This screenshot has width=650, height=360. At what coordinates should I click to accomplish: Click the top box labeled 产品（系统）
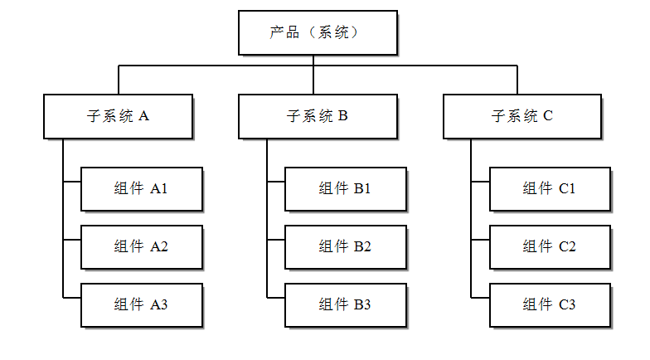(x=318, y=32)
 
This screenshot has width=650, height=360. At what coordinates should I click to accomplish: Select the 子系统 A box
(x=118, y=116)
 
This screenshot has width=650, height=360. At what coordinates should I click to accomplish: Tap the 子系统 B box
(x=317, y=116)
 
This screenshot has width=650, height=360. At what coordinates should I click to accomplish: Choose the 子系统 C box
(x=521, y=116)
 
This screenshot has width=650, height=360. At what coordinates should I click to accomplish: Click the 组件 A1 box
(x=141, y=189)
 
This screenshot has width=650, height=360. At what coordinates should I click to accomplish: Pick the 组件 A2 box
(x=141, y=246)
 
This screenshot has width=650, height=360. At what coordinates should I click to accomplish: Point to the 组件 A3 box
(x=141, y=304)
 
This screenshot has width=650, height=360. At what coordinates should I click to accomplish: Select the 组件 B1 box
(x=345, y=189)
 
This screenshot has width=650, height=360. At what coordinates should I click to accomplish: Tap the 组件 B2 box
(x=345, y=246)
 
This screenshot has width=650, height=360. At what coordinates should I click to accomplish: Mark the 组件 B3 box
(x=345, y=304)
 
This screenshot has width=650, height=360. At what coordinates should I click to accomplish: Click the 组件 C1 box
(x=549, y=189)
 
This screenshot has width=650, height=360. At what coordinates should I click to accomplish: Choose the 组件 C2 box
(x=549, y=246)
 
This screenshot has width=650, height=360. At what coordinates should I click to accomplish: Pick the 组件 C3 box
(x=549, y=304)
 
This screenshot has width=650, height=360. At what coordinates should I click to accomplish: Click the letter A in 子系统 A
(x=144, y=116)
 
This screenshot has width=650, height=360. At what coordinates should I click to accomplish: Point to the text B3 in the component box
(x=362, y=304)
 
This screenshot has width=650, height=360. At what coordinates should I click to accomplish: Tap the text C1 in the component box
(x=567, y=189)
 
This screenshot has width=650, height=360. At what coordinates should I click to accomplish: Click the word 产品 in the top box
(x=284, y=32)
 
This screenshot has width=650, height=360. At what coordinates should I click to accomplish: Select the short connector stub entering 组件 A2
(x=71, y=241)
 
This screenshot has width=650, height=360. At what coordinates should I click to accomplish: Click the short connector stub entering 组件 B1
(x=276, y=182)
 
